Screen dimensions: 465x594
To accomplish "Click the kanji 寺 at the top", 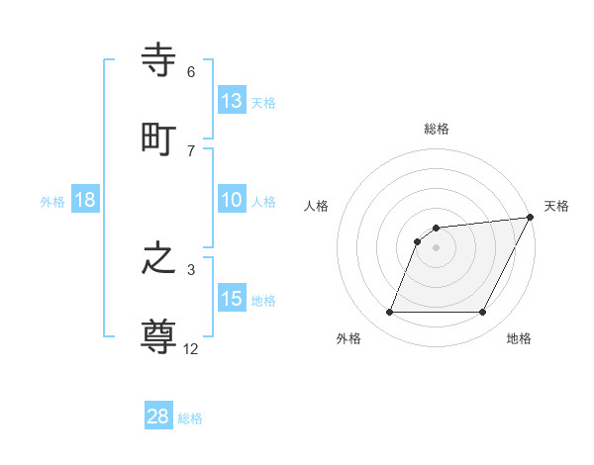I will (x=159, y=61).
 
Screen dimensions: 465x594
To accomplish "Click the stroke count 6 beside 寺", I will (x=190, y=72).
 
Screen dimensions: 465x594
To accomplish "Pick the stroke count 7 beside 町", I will (x=190, y=150).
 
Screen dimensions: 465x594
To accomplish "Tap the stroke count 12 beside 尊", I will (x=191, y=347).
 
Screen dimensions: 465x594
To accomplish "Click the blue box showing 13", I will (x=232, y=100).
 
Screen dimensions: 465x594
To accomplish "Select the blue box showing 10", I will (x=232, y=200).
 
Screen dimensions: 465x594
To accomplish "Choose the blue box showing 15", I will (x=232, y=299).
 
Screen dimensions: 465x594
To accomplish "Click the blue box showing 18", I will (x=85, y=200).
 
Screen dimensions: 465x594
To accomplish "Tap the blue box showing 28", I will (x=158, y=417).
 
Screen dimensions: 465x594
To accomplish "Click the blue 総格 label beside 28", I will (x=190, y=418).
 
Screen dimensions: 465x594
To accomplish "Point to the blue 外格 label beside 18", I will (x=52, y=202).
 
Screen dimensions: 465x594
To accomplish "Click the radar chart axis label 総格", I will (x=437, y=129).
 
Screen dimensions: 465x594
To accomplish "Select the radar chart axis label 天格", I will (x=556, y=206).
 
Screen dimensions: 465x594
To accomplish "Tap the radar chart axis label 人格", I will (x=317, y=206).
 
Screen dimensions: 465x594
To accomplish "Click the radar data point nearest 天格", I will (x=532, y=217).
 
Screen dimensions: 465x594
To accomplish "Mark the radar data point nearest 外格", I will (x=389, y=313).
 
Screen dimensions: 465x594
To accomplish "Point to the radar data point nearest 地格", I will (x=483, y=313).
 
